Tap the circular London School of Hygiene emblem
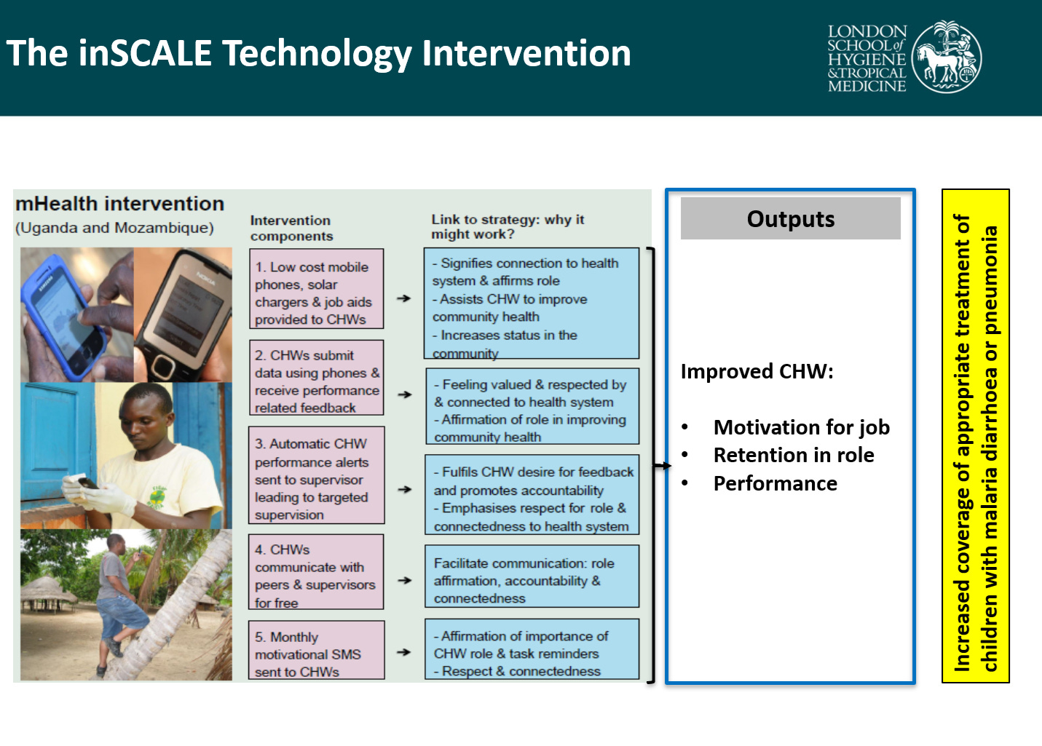(946, 57)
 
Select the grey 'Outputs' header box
(790, 218)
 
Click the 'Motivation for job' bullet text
(802, 427)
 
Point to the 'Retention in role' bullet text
(794, 456)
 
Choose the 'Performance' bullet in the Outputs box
(775, 484)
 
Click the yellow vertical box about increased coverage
(976, 436)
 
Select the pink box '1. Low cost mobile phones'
(316, 289)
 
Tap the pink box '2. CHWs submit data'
(316, 378)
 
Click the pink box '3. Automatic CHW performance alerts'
(316, 475)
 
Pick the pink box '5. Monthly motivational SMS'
(316, 650)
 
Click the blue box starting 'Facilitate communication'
(532, 576)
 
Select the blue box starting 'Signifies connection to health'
(532, 303)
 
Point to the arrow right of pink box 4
(405, 581)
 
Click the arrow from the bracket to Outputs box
(662, 465)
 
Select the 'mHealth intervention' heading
(119, 204)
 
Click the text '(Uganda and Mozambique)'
(114, 228)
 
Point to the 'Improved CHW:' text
(757, 372)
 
